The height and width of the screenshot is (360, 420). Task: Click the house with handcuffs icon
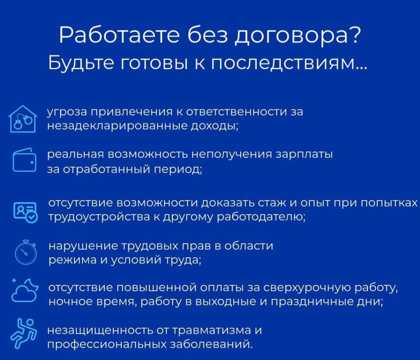tap(23, 119)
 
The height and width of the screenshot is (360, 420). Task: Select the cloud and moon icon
tap(25, 290)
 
